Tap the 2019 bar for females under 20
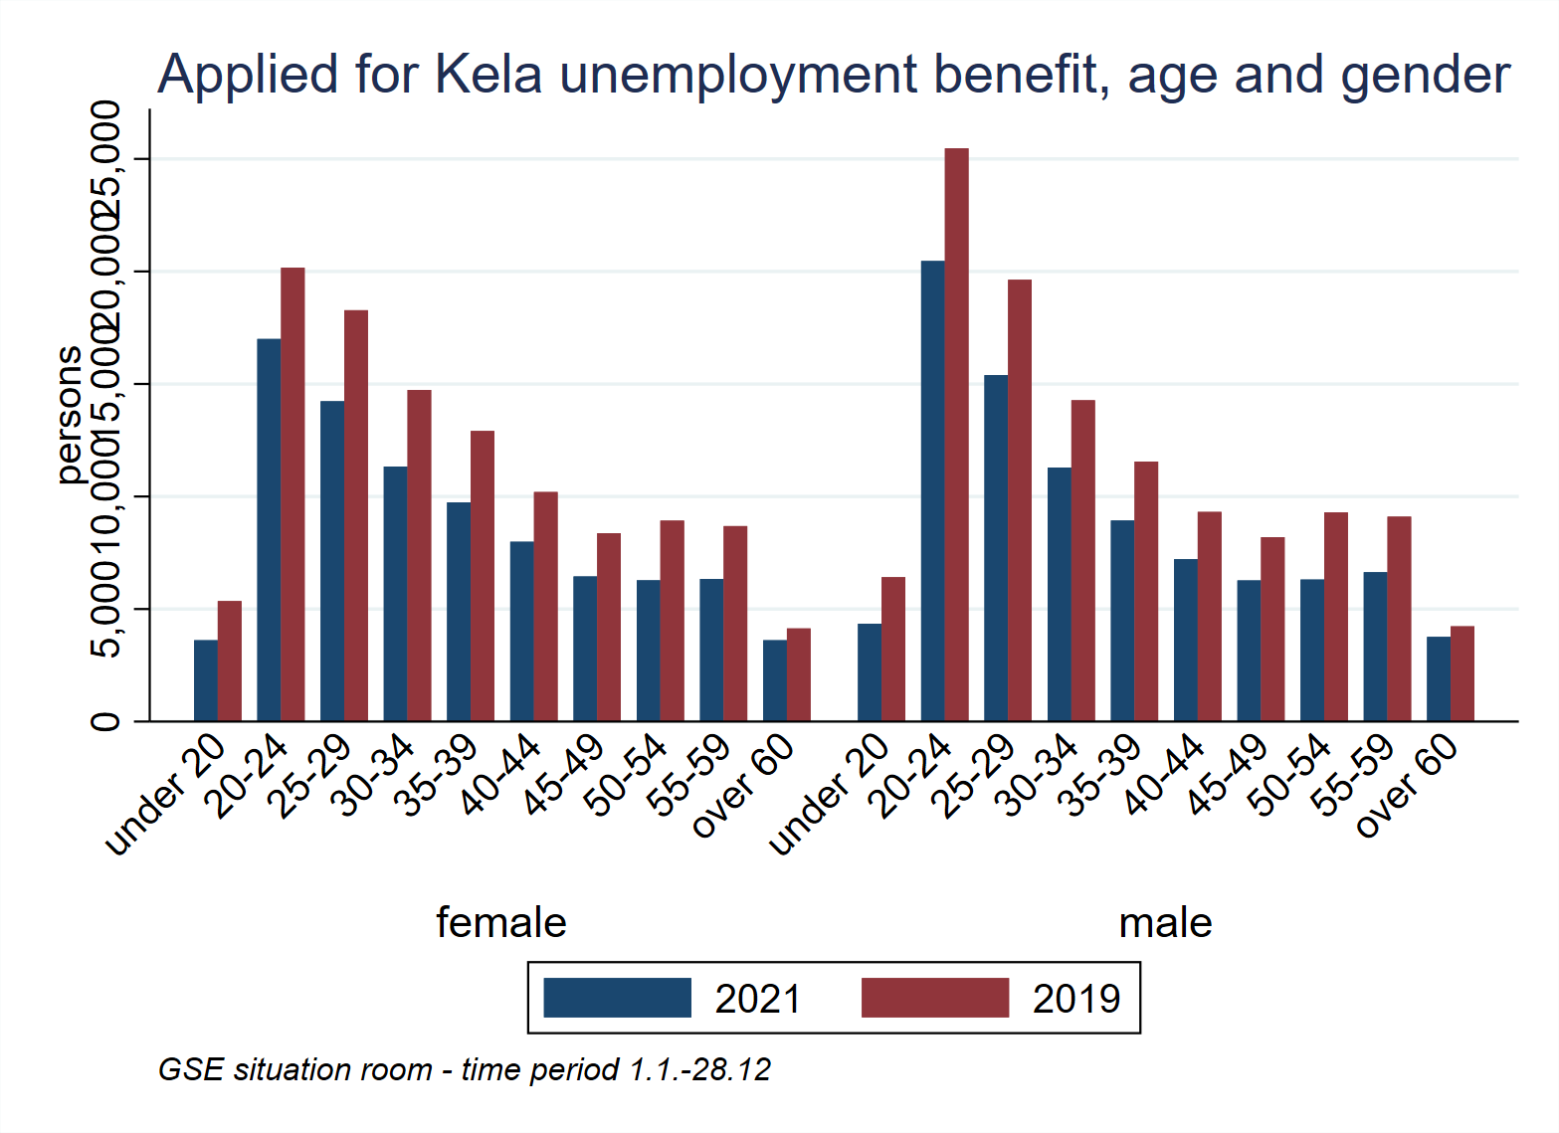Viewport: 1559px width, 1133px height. (x=230, y=661)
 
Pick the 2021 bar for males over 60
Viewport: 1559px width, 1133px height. (x=1438, y=678)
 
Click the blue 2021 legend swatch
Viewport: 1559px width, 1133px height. (x=617, y=998)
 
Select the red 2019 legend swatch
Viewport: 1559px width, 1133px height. (x=934, y=998)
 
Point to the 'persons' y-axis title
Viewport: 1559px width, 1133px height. (x=68, y=415)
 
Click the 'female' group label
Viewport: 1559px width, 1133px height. (x=500, y=922)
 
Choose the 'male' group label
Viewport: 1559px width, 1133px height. (x=1165, y=922)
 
